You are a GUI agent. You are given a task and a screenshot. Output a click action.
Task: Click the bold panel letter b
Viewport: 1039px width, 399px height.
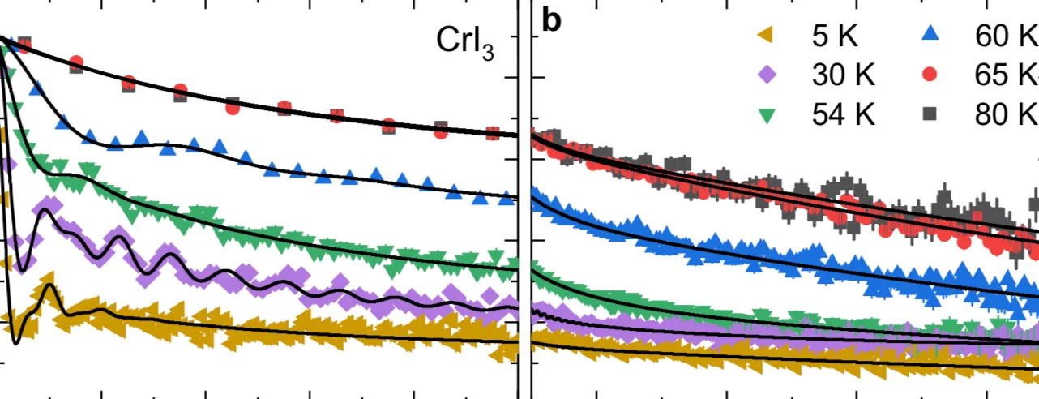(551, 22)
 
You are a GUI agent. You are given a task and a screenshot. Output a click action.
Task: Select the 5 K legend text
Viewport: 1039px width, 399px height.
(835, 37)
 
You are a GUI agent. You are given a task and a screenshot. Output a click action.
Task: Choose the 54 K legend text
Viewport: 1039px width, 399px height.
(844, 114)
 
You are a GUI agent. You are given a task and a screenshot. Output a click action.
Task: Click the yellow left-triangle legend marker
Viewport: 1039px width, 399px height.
(764, 37)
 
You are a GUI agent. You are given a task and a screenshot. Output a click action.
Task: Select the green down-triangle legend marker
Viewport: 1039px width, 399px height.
(765, 115)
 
